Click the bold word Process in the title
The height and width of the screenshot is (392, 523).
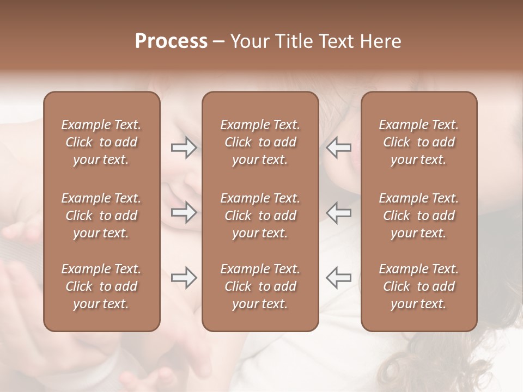(x=171, y=41)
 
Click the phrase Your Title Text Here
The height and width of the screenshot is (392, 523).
(x=316, y=41)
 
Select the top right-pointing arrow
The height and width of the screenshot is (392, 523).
(x=184, y=148)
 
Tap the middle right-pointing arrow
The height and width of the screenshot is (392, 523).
(x=184, y=212)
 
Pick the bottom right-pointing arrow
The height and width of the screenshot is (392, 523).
(x=184, y=278)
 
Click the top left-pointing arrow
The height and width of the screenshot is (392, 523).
(x=339, y=148)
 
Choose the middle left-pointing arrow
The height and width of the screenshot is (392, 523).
(x=339, y=212)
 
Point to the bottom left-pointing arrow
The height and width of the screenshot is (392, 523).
(x=339, y=278)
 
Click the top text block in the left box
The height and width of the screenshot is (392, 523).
(x=101, y=142)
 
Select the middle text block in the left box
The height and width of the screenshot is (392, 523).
(x=101, y=216)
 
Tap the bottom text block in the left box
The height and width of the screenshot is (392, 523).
(x=101, y=286)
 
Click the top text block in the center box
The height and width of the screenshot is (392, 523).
(x=260, y=142)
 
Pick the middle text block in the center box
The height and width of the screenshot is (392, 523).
(x=260, y=216)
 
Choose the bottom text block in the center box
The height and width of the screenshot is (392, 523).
(x=260, y=286)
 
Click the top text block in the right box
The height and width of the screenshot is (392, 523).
(x=418, y=142)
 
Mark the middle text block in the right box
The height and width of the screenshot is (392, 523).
(x=418, y=216)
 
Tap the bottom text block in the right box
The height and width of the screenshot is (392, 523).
(x=418, y=286)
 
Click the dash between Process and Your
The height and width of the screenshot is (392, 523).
(x=219, y=42)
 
